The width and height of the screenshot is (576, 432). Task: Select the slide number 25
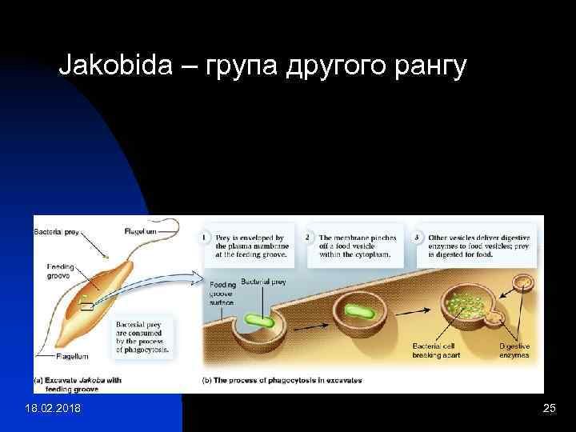549,410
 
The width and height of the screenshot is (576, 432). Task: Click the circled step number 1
206,238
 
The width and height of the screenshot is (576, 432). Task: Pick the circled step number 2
309,238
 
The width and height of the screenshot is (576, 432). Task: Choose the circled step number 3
417,238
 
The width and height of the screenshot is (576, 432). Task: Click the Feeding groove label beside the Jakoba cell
59,270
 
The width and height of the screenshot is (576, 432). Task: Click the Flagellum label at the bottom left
72,356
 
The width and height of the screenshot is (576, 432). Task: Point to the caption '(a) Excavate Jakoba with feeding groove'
78,385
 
